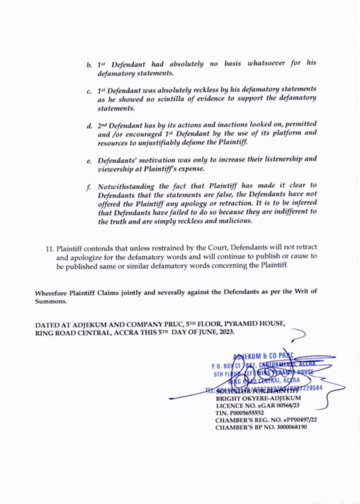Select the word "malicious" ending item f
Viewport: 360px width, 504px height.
(x=235, y=221)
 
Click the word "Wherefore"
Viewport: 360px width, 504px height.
(x=52, y=292)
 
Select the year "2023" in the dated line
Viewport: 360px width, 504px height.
(x=225, y=332)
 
